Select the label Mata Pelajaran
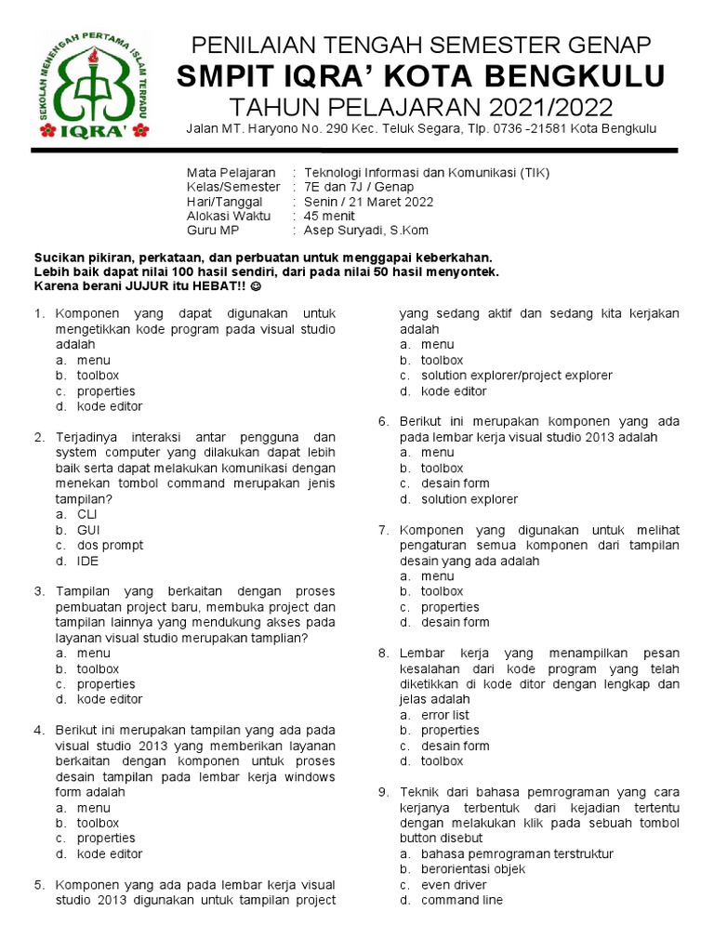click(231, 173)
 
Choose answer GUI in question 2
click(88, 530)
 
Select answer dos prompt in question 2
click(110, 546)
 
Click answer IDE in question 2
click(87, 561)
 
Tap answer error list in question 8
click(444, 715)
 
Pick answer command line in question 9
click(461, 900)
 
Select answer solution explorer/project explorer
click(516, 376)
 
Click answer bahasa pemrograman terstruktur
click(517, 853)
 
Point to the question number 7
click(382, 530)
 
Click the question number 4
click(39, 731)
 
